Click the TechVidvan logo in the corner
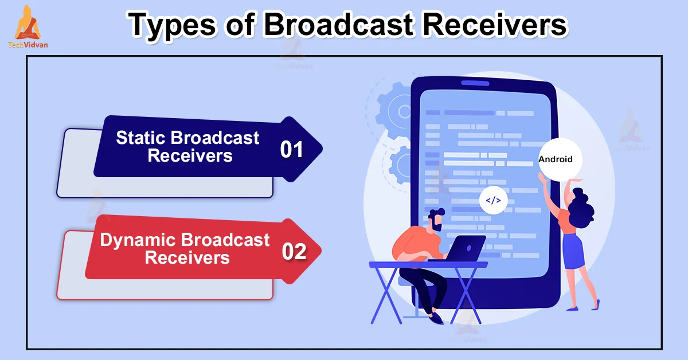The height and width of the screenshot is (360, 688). [28, 27]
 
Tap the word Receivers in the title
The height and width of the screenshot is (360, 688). [495, 24]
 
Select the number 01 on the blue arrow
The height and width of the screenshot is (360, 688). [291, 150]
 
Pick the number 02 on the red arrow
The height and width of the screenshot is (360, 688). [294, 252]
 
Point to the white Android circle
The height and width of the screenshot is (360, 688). [560, 159]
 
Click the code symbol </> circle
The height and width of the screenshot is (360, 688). [493, 200]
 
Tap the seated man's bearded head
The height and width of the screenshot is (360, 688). [436, 220]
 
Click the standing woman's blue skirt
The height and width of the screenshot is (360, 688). [573, 251]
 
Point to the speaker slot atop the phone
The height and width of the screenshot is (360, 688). [475, 83]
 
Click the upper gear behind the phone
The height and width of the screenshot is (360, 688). [394, 110]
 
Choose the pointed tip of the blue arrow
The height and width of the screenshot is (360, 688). [322, 148]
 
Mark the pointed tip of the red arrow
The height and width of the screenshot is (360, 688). [321, 251]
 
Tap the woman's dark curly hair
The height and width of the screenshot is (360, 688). [580, 208]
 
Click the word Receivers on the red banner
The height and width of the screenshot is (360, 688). [187, 257]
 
